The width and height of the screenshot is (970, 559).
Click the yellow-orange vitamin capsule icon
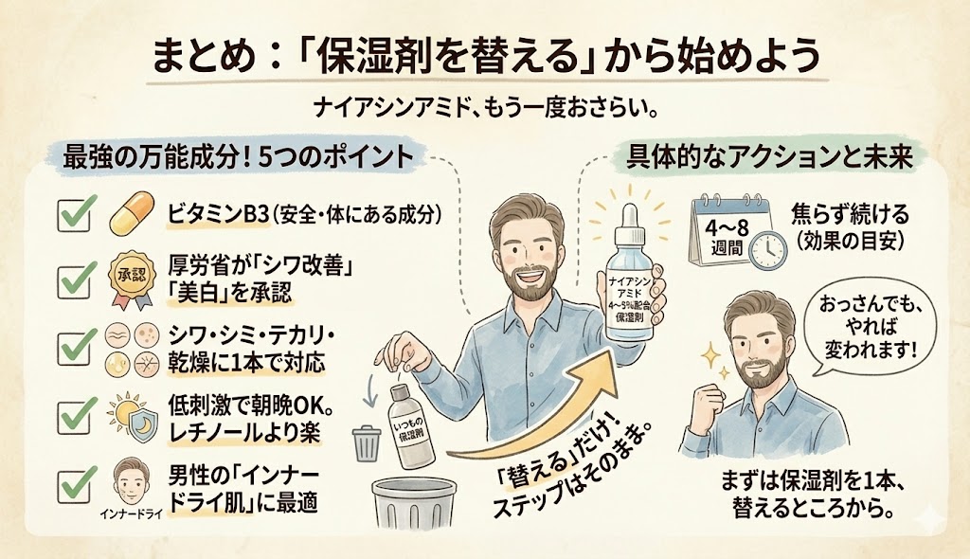[131, 213]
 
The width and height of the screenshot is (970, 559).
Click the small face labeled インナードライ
[131, 482]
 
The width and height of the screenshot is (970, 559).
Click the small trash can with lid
[366, 443]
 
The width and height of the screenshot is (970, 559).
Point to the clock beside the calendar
[767, 250]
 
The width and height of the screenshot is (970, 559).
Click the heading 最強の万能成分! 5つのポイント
[238, 156]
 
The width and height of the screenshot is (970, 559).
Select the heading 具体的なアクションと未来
[769, 156]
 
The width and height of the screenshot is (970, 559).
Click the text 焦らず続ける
[850, 215]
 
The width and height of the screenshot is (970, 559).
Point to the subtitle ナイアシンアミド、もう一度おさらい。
[485, 110]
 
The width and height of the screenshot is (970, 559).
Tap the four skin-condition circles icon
[131, 350]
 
